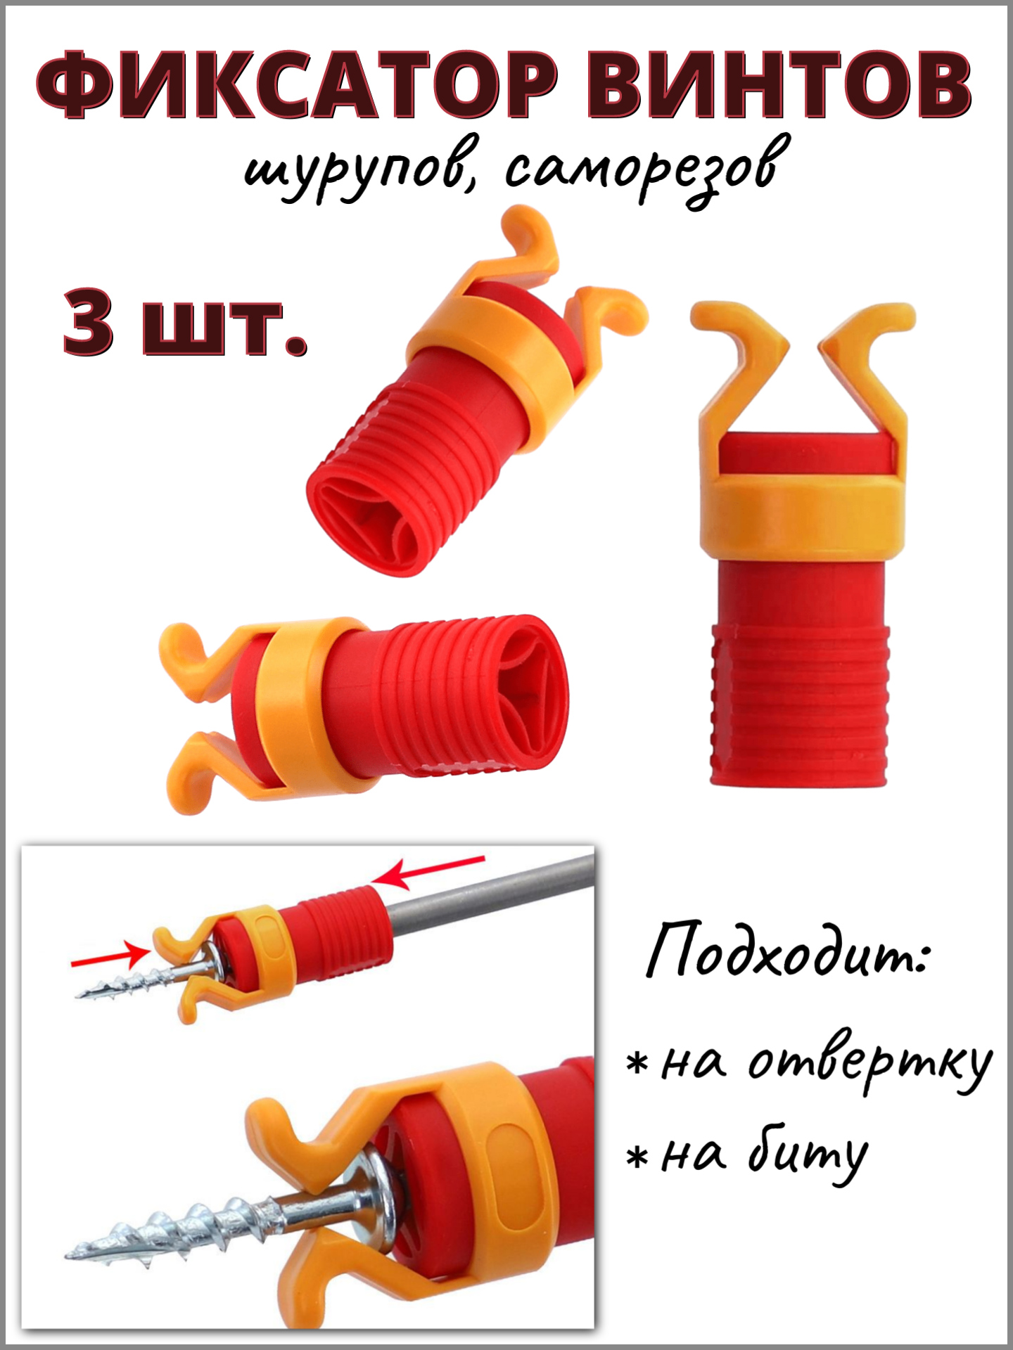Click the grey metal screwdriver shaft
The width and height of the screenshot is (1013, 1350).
[492, 893]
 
